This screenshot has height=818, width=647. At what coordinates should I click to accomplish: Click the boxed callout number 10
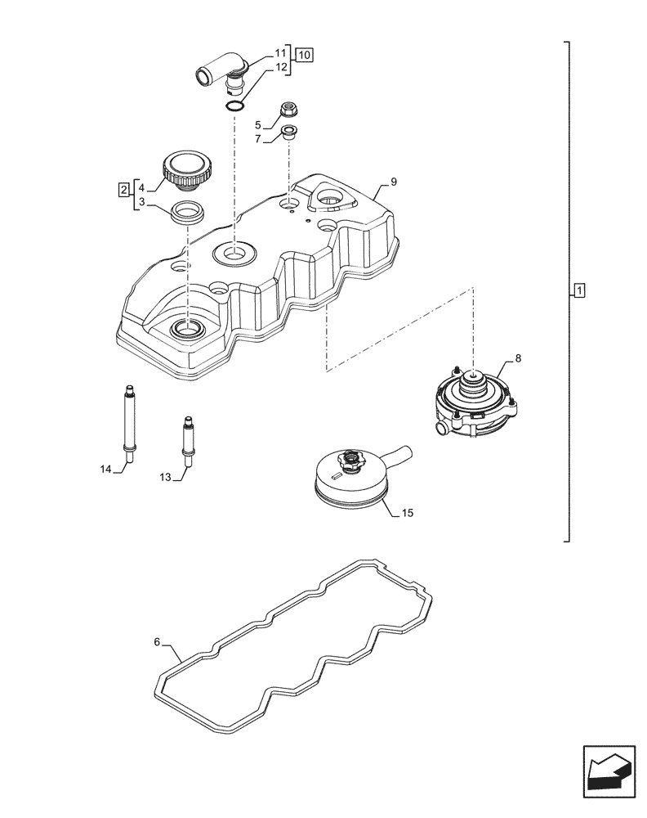click(304, 56)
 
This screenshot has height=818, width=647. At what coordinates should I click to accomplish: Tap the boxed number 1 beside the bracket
click(578, 290)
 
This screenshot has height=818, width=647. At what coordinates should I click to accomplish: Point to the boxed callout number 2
click(123, 191)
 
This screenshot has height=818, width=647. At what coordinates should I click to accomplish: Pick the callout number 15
click(408, 513)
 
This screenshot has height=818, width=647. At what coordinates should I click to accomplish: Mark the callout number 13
click(165, 477)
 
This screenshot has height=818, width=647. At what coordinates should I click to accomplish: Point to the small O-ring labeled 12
click(234, 105)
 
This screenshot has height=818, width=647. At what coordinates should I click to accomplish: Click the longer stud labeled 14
click(128, 418)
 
